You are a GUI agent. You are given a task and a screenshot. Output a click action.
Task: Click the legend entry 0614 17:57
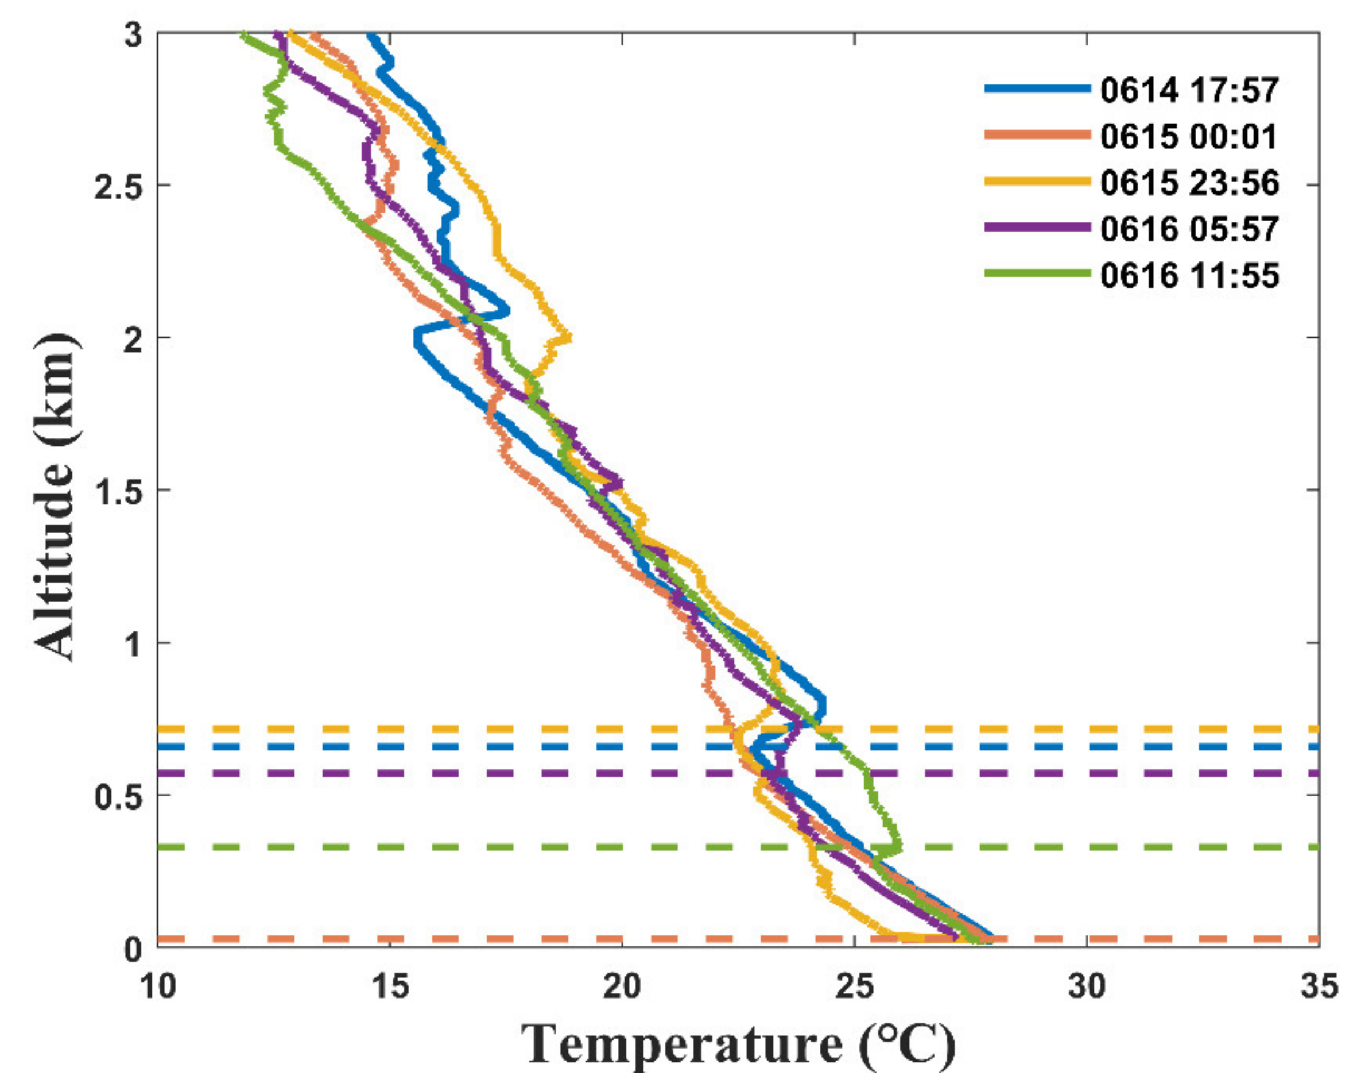1189,90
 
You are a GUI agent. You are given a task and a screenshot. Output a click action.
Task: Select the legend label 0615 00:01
1189,136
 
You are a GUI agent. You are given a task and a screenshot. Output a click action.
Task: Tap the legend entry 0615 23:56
1189,183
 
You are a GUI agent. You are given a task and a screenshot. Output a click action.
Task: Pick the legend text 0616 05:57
1189,229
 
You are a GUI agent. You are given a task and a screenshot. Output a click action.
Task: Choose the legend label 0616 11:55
1189,275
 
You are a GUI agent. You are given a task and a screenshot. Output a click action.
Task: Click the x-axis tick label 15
390,986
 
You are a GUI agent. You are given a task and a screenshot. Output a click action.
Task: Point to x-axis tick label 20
622,986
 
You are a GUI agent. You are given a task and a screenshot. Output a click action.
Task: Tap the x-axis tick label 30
1087,986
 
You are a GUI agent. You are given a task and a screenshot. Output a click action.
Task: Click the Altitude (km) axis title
57,498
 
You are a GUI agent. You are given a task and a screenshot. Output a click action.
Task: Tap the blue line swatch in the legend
1037,90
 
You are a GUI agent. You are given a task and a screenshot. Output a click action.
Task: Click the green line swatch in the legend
1037,273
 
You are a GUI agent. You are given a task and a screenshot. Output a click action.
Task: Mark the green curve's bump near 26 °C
899,846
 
